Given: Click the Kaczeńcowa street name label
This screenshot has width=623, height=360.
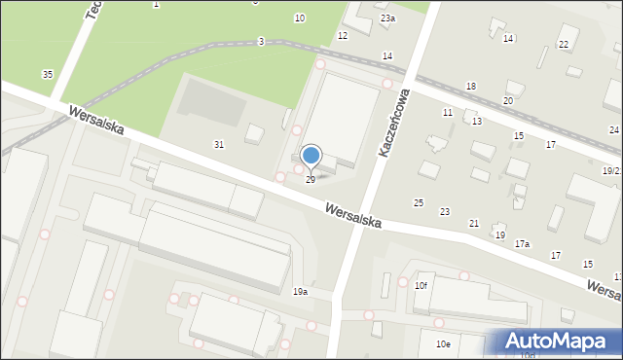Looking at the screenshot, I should point(397,124).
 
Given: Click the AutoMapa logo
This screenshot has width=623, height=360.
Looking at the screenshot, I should point(556,342).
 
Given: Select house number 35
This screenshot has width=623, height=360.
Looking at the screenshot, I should point(47,75).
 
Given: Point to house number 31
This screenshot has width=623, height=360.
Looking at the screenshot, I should point(219,145).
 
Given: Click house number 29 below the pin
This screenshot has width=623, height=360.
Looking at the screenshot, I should point(311,180).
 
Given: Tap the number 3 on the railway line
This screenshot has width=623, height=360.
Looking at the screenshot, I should point(261,41).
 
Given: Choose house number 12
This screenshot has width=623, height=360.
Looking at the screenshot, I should point(342,35).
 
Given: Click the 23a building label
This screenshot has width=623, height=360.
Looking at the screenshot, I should point(387,18).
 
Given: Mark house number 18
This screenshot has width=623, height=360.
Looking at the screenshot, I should point(471,87).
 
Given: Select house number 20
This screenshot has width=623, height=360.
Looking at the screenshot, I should point(507,101).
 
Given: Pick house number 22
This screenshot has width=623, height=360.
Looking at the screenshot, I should point(563,45).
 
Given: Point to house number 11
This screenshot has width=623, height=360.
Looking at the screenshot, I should point(447,113).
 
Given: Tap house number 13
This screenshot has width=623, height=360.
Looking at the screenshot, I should point(477,122).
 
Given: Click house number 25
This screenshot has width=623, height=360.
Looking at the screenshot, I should point(419,202).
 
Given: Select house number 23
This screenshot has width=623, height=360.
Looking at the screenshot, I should point(445,211).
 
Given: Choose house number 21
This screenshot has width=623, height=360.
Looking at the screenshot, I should point(474,224).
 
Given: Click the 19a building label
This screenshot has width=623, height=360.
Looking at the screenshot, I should point(300,291).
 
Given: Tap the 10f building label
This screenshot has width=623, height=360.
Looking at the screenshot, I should point(421,285).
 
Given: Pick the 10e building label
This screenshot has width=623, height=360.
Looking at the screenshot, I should point(442,344).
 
